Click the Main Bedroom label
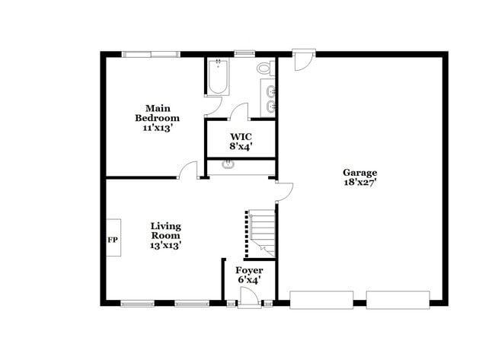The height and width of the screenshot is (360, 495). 157,113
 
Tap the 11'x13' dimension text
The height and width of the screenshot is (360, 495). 157,128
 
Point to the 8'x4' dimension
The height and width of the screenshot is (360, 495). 241,147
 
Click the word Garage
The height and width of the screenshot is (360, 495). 359,172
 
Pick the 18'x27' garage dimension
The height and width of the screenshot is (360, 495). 359,183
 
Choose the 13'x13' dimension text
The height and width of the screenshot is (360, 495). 165,245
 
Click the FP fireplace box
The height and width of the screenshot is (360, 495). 113,240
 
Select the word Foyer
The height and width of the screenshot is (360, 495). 249,270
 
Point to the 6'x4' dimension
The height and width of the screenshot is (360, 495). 249,281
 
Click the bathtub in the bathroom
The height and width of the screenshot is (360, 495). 218,77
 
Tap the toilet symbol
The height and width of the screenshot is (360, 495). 264,68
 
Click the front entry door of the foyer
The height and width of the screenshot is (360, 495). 248,302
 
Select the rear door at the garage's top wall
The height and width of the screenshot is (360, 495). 304,58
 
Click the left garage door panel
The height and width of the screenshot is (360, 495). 322,300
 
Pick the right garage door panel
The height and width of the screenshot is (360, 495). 398,300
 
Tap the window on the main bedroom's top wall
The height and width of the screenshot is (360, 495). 152,54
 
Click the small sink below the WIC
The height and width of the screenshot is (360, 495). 226,164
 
